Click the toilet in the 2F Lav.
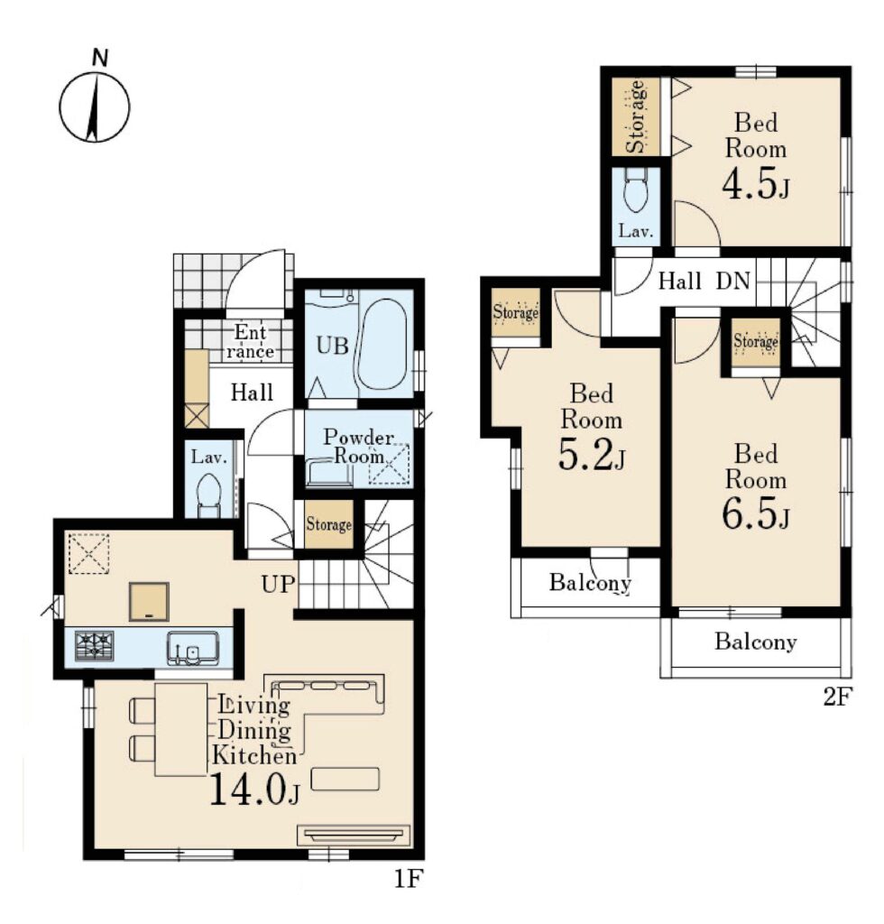[635, 189]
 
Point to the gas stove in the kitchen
[94, 644]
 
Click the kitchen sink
[192, 648]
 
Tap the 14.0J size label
[254, 788]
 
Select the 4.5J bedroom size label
[756, 184]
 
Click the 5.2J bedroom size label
[592, 456]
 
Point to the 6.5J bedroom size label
[756, 514]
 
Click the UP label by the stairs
[278, 584]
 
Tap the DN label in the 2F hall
[732, 281]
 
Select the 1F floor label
[409, 879]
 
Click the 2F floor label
[837, 698]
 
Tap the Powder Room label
[359, 446]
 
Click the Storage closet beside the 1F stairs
[328, 524]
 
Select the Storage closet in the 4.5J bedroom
[635, 116]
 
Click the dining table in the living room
[180, 729]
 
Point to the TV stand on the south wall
[355, 836]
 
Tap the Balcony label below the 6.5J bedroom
[756, 642]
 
